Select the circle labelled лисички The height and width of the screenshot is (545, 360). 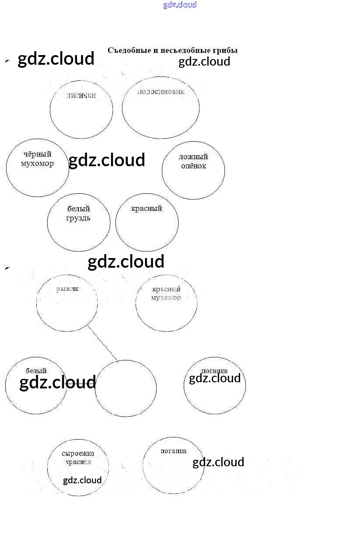[x=81, y=109]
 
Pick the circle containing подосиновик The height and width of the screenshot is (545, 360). [x=161, y=108]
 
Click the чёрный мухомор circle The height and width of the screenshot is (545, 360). [x=38, y=168]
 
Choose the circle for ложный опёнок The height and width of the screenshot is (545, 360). [x=193, y=170]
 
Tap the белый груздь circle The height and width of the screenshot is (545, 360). [x=79, y=223]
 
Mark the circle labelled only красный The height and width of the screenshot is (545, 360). [x=147, y=223]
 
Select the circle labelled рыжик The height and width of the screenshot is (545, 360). [x=67, y=303]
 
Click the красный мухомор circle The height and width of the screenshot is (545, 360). [x=166, y=303]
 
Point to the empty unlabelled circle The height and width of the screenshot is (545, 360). [x=126, y=388]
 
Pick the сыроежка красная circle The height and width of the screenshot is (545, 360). [x=78, y=468]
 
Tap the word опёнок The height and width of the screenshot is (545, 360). [x=193, y=166]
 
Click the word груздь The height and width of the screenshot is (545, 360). [x=78, y=218]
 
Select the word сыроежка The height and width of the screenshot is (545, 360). [x=78, y=454]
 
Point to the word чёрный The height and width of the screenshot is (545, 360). [x=37, y=154]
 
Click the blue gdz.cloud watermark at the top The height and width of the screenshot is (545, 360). [x=180, y=5]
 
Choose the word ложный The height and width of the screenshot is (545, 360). [x=193, y=157]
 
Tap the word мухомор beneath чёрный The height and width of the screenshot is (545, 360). [x=37, y=164]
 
